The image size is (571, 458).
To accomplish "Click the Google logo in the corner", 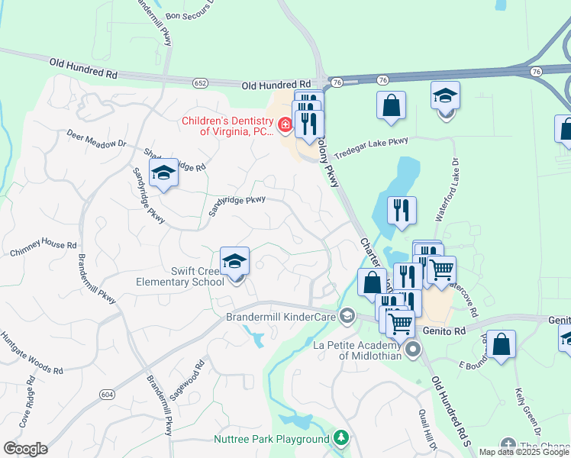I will pos(25,449).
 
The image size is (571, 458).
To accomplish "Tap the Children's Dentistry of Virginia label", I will pos(227,126).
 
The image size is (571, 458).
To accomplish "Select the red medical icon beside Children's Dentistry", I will pos(285,124).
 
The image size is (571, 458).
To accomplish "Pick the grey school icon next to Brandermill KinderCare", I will pos(347,316).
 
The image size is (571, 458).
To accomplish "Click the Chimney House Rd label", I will pos(44,249).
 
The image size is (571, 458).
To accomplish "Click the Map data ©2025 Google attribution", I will pos(524,452).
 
